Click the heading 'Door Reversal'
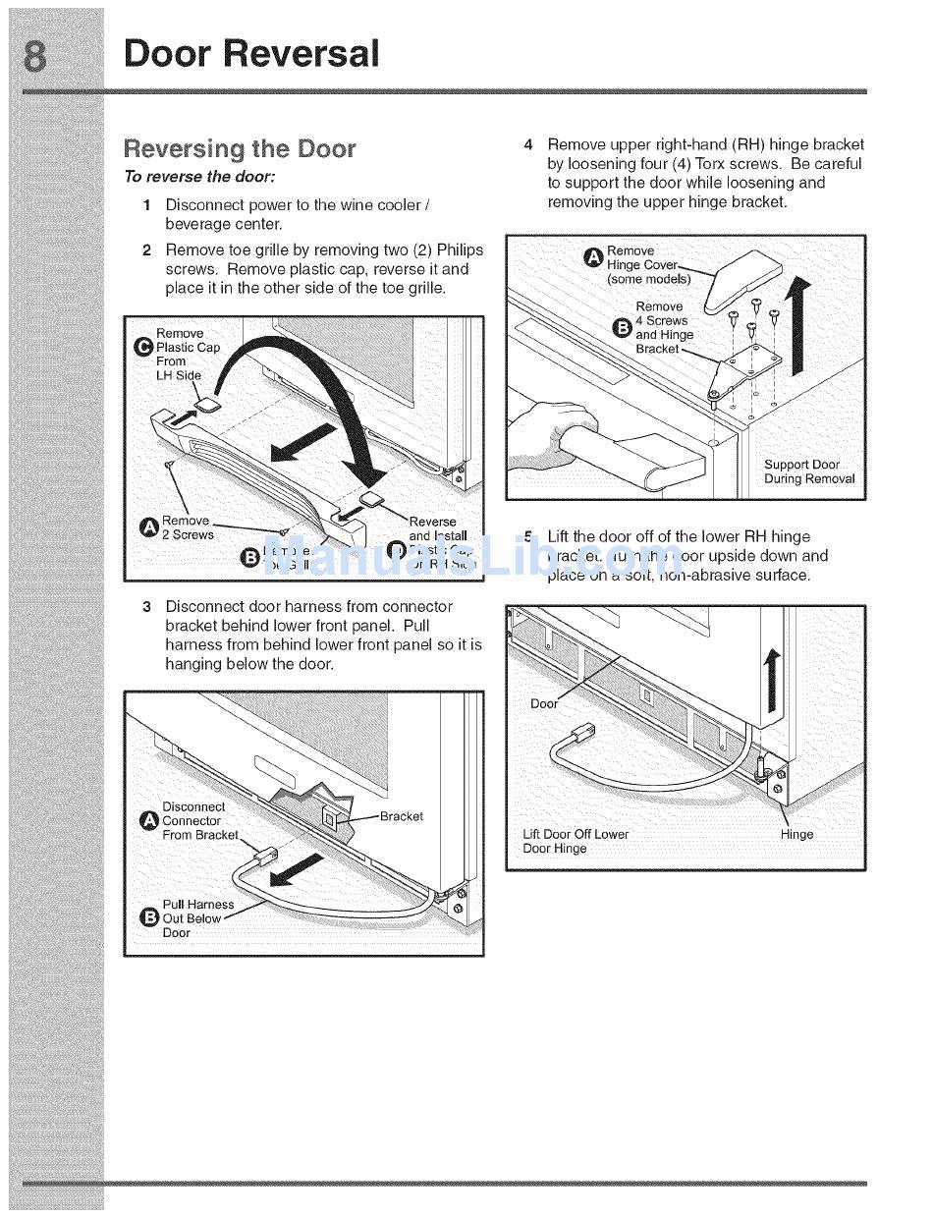[x=250, y=53]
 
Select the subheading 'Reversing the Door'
[x=239, y=148]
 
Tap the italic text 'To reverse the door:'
[x=199, y=177]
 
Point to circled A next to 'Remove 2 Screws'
[x=149, y=528]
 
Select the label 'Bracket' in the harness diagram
[x=401, y=816]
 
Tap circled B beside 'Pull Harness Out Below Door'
[x=149, y=918]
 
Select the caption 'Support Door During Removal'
[x=808, y=471]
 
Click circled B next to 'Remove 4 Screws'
[x=621, y=327]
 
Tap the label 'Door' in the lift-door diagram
[x=544, y=703]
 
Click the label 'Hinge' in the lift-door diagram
[x=796, y=834]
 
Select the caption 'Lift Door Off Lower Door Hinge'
[x=575, y=841]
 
